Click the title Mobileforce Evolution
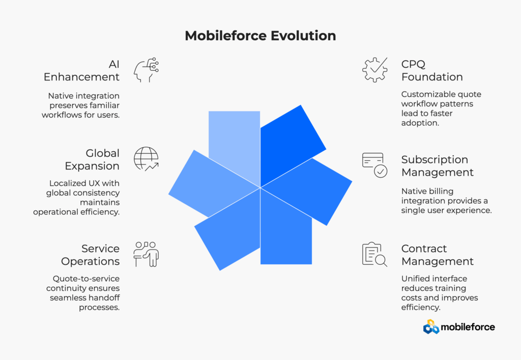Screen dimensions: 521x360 pos(260,36)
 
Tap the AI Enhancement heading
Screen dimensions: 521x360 pos(81,70)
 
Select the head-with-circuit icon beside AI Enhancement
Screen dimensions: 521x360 pos(146,70)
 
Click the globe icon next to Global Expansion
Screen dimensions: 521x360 pos(146,159)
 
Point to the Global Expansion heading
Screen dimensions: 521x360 pos(92,159)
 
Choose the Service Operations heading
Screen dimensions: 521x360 pos(91,255)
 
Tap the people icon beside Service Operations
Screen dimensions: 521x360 pos(146,254)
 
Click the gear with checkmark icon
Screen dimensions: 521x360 pos(375,70)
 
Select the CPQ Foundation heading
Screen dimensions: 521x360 pos(432,70)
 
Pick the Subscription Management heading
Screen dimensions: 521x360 pos(437,166)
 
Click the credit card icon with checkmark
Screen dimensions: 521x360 pos(375,165)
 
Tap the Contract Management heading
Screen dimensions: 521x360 pos(437,255)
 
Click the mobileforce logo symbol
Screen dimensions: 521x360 pos(431,327)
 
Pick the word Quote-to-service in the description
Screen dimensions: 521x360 pos(86,279)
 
